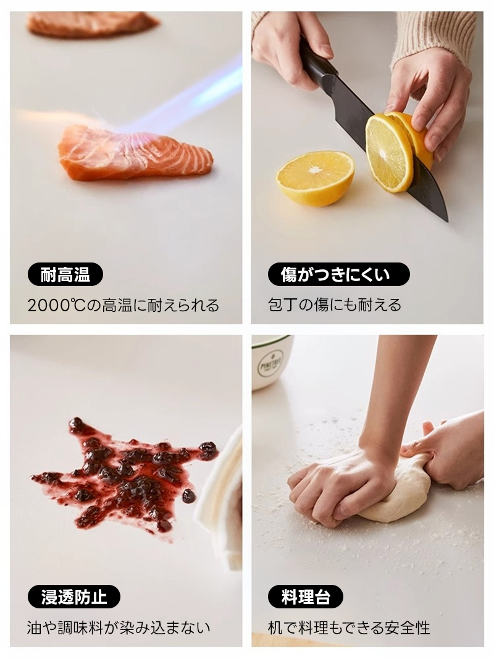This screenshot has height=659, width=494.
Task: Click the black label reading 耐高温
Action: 65,275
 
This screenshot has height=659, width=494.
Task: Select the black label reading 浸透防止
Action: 74,597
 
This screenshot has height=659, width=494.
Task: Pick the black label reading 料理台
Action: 306,597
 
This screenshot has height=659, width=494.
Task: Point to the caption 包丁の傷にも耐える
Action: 335,305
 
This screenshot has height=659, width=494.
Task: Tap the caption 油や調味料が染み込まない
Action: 119,628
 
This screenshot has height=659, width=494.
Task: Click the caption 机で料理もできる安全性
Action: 349,628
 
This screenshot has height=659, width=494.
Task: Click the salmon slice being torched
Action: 135,154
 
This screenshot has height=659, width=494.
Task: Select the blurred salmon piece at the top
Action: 92,23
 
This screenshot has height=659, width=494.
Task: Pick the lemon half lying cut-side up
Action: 315,177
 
